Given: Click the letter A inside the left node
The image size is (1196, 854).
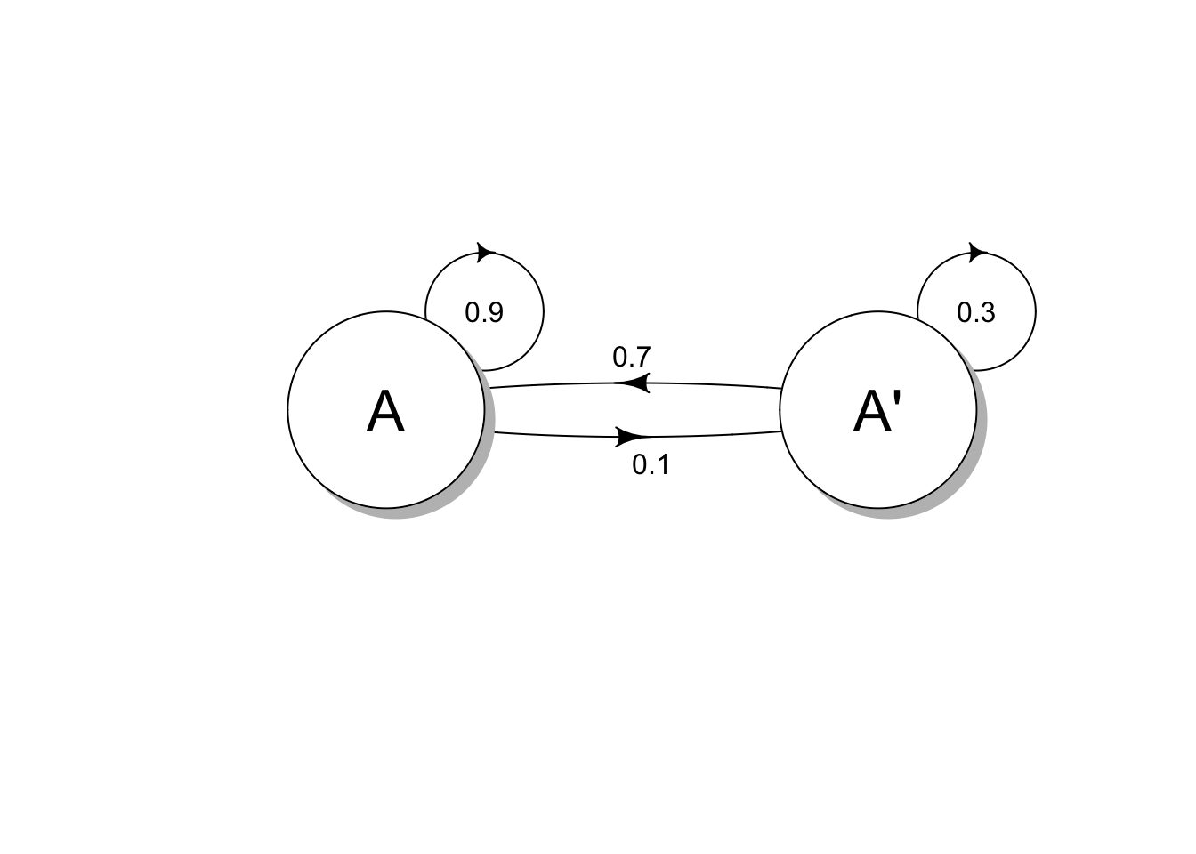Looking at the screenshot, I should [385, 411].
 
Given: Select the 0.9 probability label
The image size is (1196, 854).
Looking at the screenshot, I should [484, 312].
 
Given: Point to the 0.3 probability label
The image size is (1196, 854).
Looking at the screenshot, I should [976, 312].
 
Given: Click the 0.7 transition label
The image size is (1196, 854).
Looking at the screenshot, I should [632, 358].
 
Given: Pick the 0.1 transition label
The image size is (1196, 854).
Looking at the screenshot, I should [651, 464].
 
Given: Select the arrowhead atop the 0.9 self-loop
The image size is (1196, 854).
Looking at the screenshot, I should [485, 252].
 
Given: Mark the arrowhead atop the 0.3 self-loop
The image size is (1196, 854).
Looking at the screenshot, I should [978, 252].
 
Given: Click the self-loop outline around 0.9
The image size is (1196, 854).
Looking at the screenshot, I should [542, 311].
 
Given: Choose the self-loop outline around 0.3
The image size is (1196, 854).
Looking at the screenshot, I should [1035, 311].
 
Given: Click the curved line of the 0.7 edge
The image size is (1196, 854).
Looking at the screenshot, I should [712, 384].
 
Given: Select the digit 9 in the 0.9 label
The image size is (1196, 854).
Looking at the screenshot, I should [497, 312].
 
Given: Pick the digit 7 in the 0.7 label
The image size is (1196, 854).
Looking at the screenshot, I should [643, 358].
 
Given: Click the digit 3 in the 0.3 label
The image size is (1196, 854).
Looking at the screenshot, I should [988, 312].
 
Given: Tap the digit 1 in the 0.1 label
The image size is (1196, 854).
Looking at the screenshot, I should [662, 464].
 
